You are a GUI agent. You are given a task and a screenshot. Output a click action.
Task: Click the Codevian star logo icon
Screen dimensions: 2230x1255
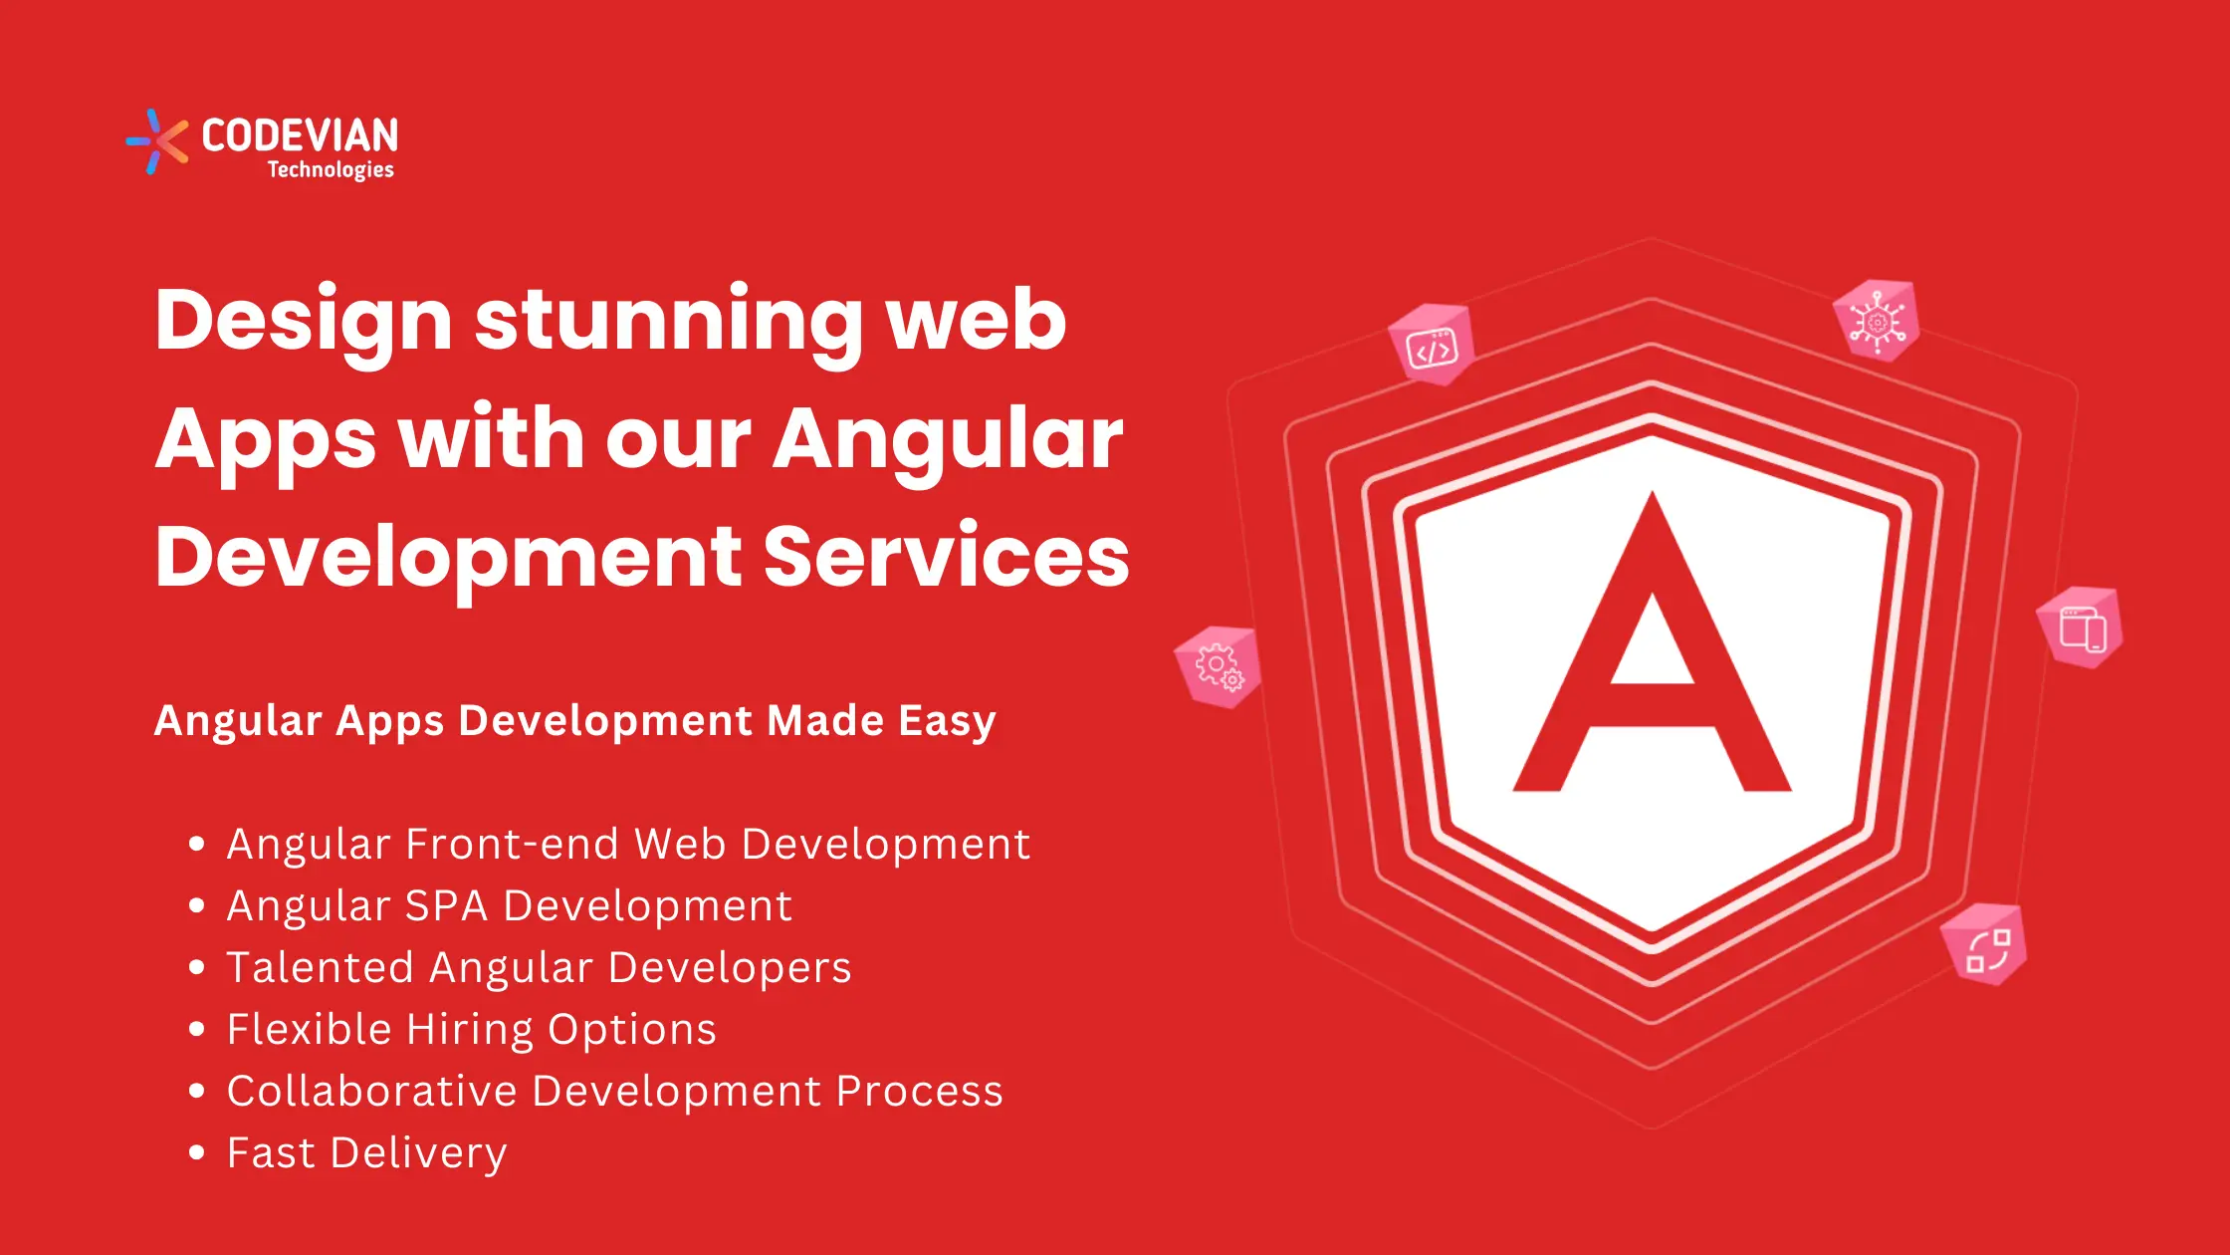click(157, 141)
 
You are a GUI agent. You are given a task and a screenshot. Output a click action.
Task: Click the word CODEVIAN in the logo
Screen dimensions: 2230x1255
click(300, 135)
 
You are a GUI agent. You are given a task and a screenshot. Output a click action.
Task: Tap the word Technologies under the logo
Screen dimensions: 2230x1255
click(331, 170)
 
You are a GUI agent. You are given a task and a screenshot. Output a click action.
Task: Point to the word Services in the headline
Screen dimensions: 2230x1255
click(946, 556)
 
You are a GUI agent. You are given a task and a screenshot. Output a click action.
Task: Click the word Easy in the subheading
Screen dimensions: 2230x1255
click(947, 721)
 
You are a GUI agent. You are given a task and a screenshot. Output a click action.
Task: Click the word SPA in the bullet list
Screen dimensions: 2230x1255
click(447, 905)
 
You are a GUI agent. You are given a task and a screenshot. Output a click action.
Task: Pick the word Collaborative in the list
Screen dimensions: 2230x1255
click(372, 1091)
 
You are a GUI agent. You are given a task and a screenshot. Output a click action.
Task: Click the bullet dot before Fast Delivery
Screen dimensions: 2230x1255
click(196, 1152)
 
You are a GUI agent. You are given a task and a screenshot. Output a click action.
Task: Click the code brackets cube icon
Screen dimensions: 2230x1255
click(1432, 345)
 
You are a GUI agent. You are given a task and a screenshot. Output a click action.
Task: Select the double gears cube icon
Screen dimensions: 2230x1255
click(1218, 667)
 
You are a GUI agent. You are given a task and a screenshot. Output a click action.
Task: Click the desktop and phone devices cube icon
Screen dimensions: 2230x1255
click(2080, 627)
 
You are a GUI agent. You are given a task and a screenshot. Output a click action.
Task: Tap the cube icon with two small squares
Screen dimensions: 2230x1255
click(1985, 945)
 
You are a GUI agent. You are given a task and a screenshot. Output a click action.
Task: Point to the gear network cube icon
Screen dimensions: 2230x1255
click(1877, 321)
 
